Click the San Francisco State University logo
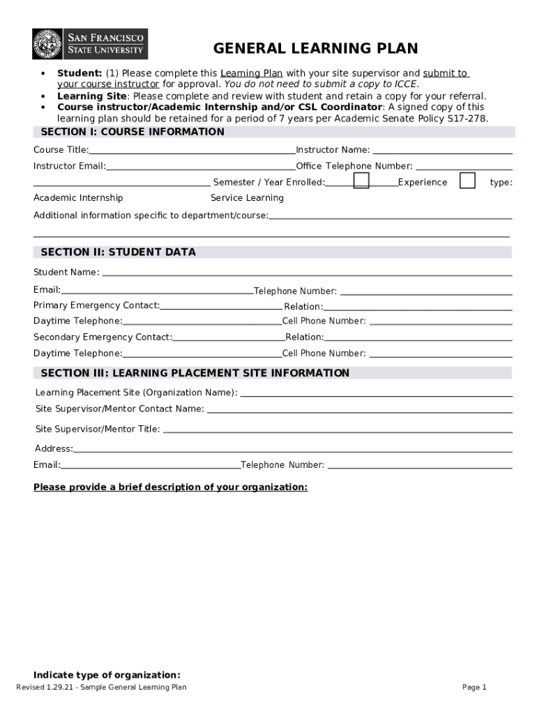tap(90, 44)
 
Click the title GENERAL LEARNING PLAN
tap(315, 49)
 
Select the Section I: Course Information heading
tap(133, 132)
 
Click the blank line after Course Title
tap(192, 151)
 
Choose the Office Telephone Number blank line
tap(464, 167)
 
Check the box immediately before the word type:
tap(467, 181)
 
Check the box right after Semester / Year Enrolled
tap(361, 181)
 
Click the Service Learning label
tap(247, 198)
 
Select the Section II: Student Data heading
tap(118, 252)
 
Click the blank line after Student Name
tap(307, 274)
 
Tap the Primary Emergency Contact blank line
tap(221, 307)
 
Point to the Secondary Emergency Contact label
tap(103, 337)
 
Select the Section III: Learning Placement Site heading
tap(195, 374)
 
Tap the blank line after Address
tap(293, 450)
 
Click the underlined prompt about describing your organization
tap(170, 487)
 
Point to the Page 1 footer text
tap(474, 688)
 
